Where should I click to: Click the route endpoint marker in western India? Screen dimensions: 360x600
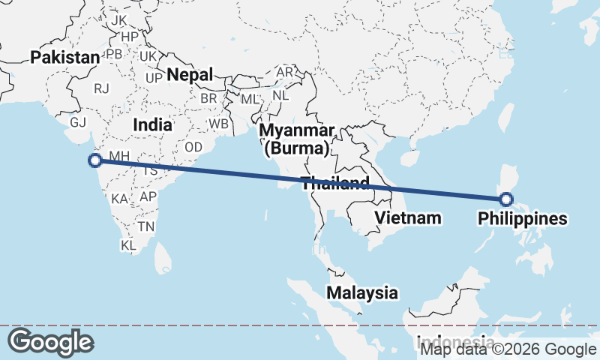(95, 160)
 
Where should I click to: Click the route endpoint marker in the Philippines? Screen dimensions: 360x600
(505, 199)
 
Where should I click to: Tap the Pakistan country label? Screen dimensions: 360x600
(65, 58)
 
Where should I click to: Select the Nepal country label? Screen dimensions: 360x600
(190, 74)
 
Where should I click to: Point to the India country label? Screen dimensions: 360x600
(152, 125)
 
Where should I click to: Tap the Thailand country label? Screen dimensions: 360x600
(334, 182)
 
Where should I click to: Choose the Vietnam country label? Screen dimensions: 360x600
(407, 218)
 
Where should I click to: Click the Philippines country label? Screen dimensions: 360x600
(522, 219)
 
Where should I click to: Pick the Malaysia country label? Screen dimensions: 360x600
(361, 292)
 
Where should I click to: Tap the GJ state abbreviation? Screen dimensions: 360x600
(78, 122)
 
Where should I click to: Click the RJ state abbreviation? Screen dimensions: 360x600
(102, 88)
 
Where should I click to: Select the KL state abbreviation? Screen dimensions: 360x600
(128, 245)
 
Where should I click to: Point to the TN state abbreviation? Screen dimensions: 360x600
(145, 226)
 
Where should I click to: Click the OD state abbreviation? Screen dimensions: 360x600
(193, 147)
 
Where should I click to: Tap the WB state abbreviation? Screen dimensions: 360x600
(219, 124)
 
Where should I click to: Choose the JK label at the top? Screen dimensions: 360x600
(119, 20)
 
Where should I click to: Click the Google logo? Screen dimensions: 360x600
(50, 342)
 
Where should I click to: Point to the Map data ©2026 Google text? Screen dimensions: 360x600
(508, 349)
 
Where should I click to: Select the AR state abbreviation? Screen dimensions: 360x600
(285, 73)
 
